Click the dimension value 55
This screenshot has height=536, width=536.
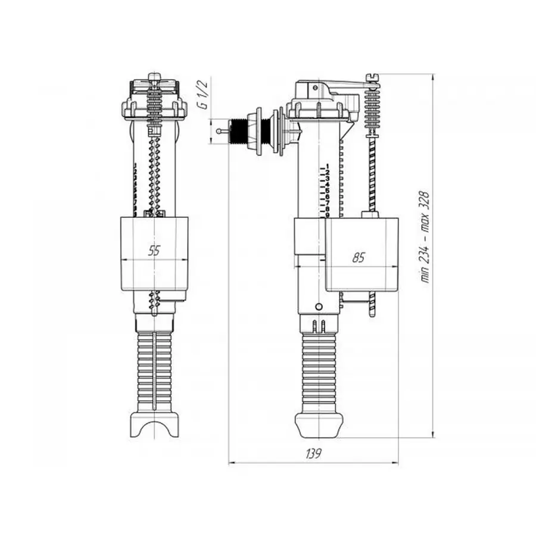pos(154,251)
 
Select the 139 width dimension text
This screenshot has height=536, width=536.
pos(314,453)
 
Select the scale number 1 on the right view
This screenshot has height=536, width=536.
pos(327,167)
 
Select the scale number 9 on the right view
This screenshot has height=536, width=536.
pos(327,214)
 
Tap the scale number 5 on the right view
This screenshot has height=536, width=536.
pos(327,191)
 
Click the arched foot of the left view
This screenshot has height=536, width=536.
pos(154,424)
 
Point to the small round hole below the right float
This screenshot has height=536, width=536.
pos(318,307)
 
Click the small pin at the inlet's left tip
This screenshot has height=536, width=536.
pos(222,130)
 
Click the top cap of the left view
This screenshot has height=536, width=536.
pos(154,83)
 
